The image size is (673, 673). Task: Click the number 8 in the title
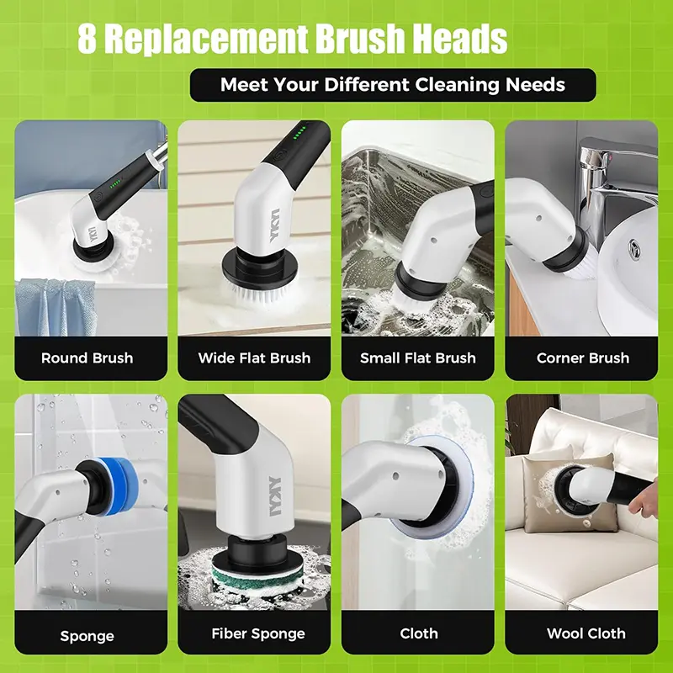point(87,39)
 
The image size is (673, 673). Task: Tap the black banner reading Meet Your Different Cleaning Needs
point(392,85)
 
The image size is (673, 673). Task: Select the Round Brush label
point(87,358)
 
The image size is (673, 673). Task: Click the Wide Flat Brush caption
point(254,358)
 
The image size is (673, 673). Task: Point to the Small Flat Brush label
point(417,358)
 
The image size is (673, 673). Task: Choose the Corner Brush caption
point(582,358)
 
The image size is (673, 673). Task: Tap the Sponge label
point(87,635)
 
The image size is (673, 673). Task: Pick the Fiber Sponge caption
point(254,633)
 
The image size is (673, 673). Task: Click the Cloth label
point(418,633)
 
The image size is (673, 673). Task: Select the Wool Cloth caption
point(582,633)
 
